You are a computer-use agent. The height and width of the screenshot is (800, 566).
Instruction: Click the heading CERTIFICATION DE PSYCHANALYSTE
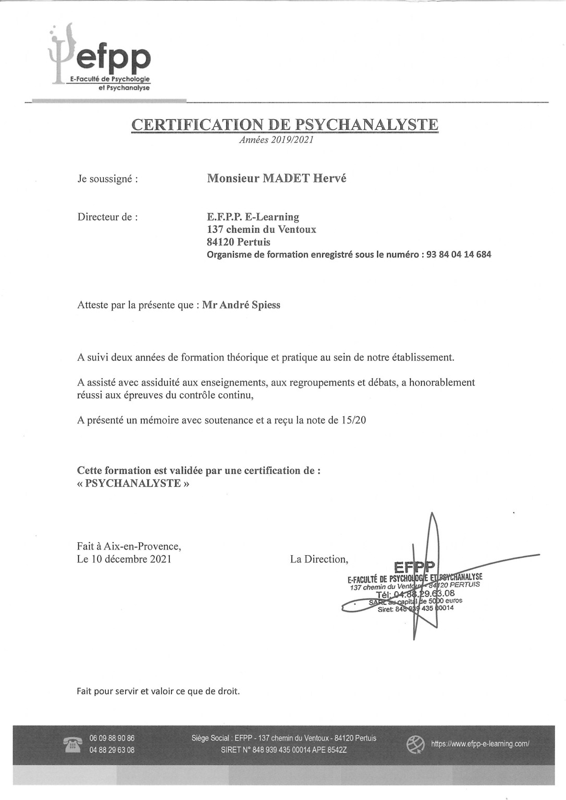coord(285,125)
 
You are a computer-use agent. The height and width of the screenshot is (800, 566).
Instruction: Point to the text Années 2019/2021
coord(276,140)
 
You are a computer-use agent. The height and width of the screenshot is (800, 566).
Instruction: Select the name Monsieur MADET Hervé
coord(276,179)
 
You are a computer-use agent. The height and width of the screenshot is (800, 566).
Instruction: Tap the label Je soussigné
coord(107,179)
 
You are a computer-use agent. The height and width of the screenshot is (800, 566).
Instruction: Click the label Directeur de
coord(107,217)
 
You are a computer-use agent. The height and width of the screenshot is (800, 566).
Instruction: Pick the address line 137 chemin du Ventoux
coord(261,230)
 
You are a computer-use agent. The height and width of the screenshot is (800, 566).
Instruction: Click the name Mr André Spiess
coord(241,305)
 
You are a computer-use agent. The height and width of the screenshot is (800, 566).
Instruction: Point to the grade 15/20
coord(354,420)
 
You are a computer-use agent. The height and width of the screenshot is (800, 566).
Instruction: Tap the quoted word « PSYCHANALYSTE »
coord(133,483)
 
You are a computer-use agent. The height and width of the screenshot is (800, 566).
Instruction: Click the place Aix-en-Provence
coord(142,546)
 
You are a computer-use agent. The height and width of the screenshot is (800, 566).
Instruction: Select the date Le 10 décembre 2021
coord(124,559)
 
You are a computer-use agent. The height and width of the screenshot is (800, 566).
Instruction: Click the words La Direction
coord(319,559)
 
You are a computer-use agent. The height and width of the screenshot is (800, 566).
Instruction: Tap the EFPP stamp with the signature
coord(414,589)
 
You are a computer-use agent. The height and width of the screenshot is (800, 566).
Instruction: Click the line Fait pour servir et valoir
coord(158,692)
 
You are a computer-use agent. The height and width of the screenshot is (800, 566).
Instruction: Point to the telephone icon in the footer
coord(72,744)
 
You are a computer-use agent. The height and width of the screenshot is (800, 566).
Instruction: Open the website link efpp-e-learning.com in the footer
coord(479,744)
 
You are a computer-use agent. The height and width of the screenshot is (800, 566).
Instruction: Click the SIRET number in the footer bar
coord(284,751)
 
